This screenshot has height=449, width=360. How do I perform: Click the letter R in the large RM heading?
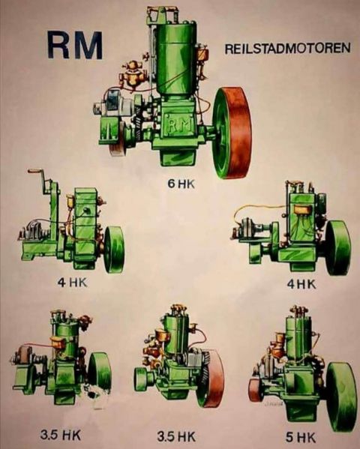(x=59, y=46)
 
